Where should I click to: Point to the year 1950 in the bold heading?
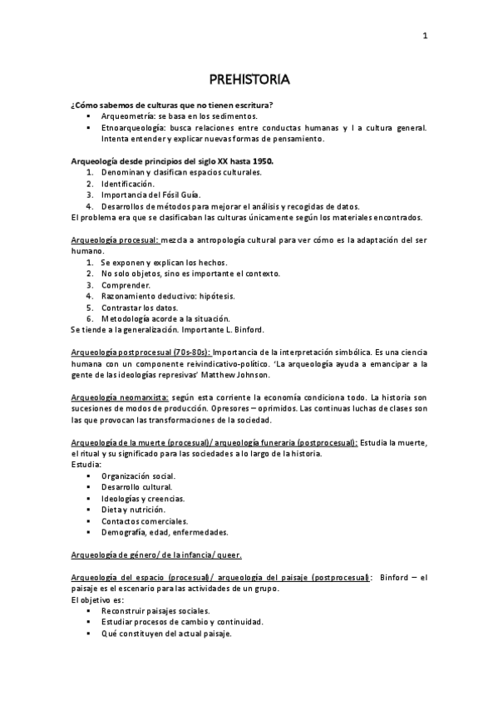[259, 160]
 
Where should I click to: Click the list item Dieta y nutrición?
[133, 509]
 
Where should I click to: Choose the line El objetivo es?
[97, 599]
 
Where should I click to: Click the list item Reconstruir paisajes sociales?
[150, 610]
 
